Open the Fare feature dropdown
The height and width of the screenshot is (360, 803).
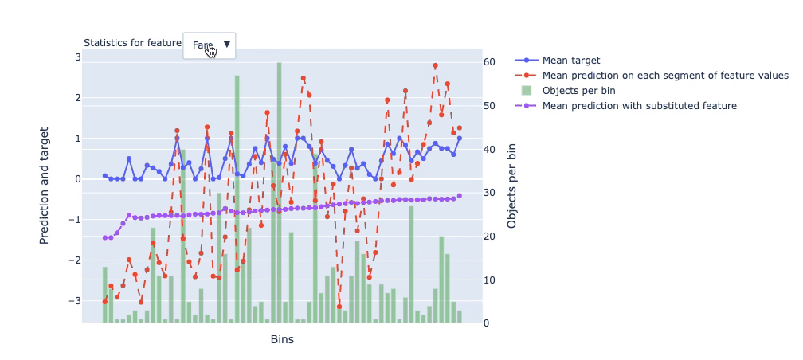coord(209,45)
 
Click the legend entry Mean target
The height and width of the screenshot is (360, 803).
coord(570,60)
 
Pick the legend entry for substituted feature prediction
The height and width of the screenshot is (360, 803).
coord(639,105)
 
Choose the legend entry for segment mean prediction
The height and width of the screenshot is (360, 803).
coord(665,75)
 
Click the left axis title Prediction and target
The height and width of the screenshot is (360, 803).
coord(46,185)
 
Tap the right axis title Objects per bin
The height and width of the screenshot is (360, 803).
coord(512,185)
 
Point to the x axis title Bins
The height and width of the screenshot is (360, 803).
coord(282,339)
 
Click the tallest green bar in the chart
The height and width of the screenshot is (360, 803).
coord(279,191)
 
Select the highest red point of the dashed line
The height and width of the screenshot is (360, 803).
coord(435,65)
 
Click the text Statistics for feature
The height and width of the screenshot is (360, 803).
coord(132,43)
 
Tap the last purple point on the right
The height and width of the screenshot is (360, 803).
coord(460,195)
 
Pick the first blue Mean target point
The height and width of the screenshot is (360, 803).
coord(104,176)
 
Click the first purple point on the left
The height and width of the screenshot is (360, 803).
coord(104,238)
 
